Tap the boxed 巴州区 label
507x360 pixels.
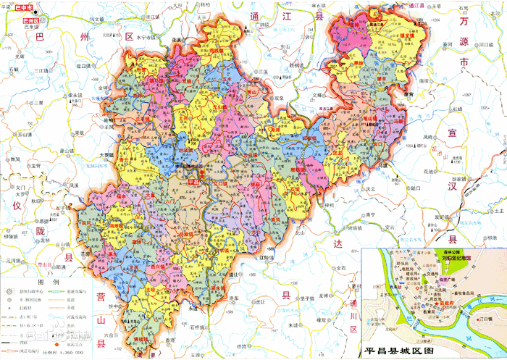(x=32, y=22)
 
